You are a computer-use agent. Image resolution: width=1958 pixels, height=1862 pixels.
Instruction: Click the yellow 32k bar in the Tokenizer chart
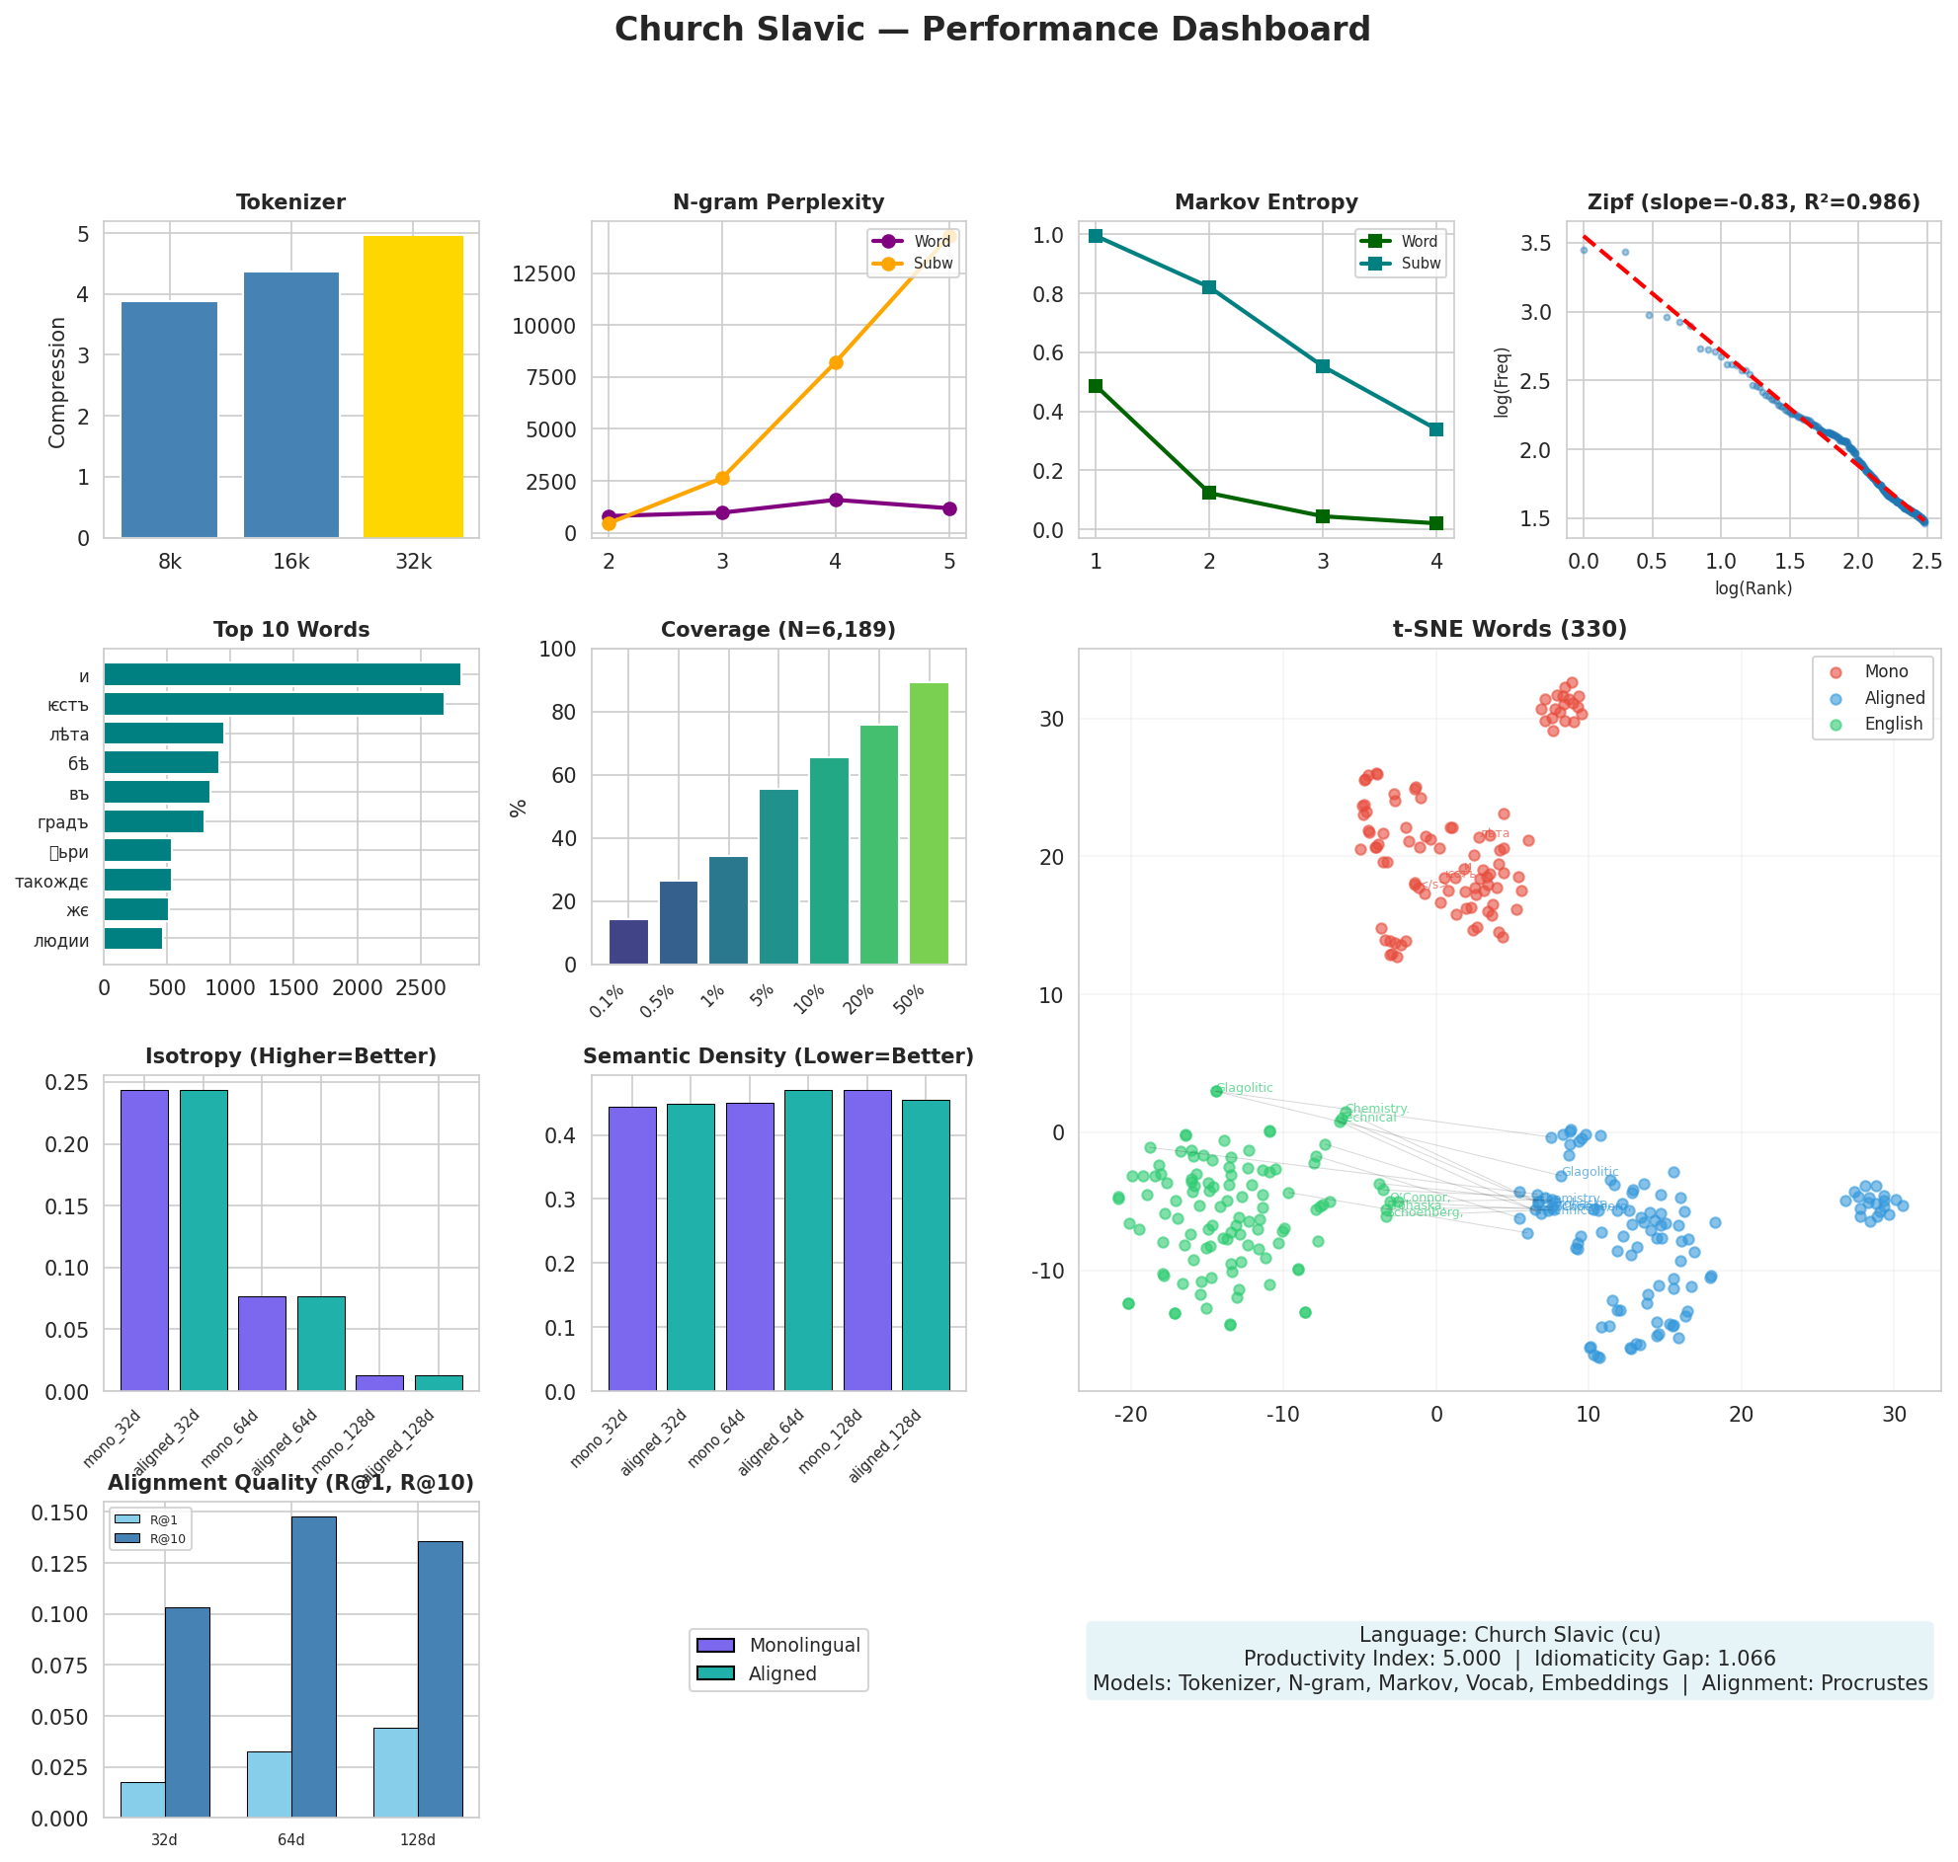click(413, 387)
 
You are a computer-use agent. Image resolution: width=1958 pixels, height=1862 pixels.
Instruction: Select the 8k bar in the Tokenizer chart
click(169, 419)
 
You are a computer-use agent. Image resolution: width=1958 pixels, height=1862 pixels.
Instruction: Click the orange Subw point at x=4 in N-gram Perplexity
click(835, 362)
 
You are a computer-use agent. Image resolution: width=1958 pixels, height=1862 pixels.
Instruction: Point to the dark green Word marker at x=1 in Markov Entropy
click(1096, 385)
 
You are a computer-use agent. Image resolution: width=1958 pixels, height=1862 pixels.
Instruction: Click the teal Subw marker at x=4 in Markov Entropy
click(1435, 428)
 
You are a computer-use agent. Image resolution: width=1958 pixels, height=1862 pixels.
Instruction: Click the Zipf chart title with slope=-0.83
click(1753, 202)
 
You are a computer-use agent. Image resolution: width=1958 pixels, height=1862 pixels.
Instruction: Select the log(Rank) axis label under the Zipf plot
click(1753, 587)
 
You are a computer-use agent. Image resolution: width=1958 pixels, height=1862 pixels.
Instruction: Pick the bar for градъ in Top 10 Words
click(154, 820)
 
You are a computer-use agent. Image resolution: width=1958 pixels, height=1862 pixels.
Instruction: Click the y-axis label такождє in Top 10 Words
click(51, 882)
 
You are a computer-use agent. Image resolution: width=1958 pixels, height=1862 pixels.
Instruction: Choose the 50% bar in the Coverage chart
click(929, 822)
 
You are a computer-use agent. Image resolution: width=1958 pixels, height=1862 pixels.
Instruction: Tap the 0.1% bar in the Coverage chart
click(628, 941)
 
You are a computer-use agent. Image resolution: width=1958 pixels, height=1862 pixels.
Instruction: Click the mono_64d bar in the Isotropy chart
click(262, 1343)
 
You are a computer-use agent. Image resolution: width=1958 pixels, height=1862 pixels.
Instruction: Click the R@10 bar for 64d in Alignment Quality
click(314, 1667)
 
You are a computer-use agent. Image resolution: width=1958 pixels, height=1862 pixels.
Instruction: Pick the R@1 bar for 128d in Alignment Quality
click(395, 1772)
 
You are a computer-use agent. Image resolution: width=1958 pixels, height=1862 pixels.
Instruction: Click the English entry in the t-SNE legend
click(1893, 724)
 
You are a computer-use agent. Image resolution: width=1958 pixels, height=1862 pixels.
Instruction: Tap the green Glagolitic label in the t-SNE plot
click(1244, 1088)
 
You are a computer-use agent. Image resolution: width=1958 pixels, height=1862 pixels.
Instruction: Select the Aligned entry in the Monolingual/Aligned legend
click(781, 1673)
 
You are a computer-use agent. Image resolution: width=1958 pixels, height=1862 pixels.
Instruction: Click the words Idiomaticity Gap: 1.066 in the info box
click(1654, 1659)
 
